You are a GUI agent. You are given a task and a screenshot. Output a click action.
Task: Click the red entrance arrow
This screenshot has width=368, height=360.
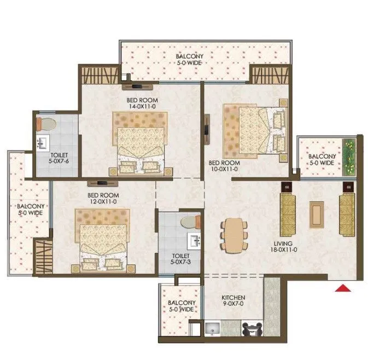(343, 288)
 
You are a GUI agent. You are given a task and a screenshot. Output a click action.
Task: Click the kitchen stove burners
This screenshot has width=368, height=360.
(252, 329)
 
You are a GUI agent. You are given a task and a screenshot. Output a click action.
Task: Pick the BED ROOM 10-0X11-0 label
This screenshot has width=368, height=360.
(224, 166)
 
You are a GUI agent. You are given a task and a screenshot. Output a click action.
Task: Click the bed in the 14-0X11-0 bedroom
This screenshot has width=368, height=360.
(139, 141)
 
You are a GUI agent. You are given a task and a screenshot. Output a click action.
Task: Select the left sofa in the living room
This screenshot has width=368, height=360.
(287, 214)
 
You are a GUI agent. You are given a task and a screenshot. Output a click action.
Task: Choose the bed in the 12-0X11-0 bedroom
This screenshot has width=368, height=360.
(102, 244)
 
